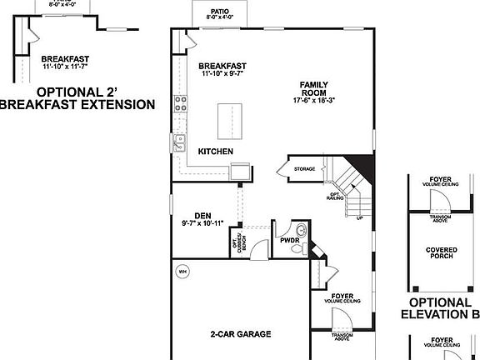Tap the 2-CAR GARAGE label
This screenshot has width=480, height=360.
[240, 333]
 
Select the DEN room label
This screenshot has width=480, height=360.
[202, 214]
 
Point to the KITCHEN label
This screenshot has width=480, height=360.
[215, 151]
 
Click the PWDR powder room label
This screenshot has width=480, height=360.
[289, 240]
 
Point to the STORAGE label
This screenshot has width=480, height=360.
[304, 169]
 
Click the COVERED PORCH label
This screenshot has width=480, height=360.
[442, 252]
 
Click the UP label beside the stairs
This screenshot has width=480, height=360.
[360, 217]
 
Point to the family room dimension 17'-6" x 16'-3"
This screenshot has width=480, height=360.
[321, 101]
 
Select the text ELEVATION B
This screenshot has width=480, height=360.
[440, 314]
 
